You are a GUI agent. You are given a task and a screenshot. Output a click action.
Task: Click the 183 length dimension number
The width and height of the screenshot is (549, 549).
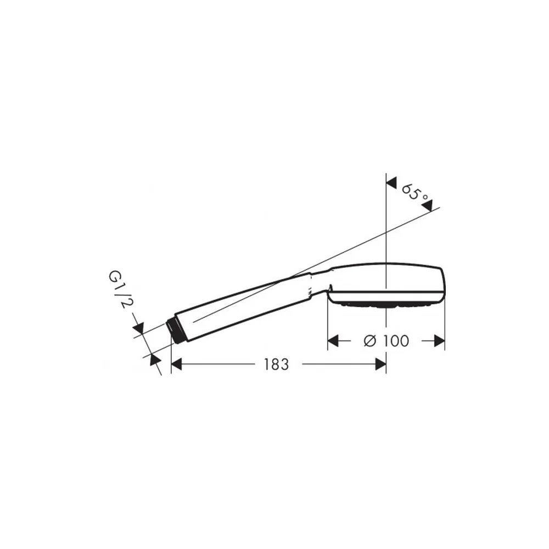(x=276, y=365)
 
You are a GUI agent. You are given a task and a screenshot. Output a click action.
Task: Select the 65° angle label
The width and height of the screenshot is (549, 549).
(x=414, y=193)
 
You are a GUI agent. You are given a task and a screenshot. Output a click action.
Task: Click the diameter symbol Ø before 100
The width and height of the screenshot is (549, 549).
(x=369, y=341)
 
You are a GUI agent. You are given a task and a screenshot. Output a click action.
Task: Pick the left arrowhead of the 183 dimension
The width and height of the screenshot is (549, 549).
(x=176, y=365)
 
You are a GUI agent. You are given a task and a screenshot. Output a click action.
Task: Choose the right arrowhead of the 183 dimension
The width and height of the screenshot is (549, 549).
(x=380, y=365)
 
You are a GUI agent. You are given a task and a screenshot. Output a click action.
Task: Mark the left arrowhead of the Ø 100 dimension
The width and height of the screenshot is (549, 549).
(x=333, y=341)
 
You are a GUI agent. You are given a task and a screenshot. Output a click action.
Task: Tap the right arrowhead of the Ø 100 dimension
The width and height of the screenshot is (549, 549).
(x=439, y=341)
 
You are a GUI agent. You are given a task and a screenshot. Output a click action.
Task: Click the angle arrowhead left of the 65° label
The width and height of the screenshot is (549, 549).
(x=391, y=183)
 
